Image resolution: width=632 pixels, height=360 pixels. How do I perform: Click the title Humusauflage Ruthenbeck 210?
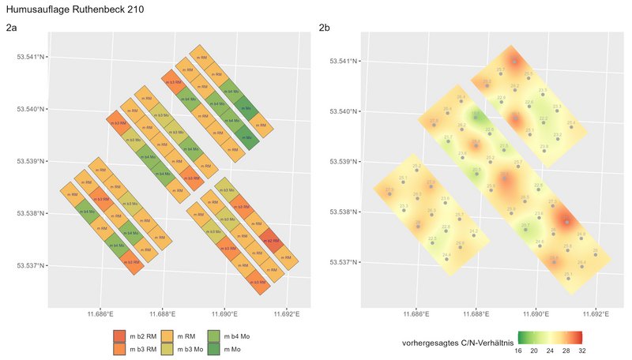60,9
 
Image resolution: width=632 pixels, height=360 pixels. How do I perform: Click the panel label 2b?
325,28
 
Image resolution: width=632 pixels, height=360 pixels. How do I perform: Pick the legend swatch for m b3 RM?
120,347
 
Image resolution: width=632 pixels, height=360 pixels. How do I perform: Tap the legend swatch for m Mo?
213,347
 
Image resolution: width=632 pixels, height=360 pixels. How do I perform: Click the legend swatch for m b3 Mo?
167,347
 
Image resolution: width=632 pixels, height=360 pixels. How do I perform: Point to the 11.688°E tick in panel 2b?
476,314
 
